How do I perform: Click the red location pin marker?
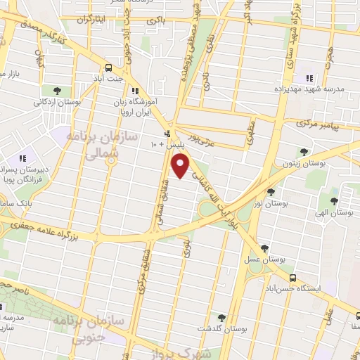tap(181, 166)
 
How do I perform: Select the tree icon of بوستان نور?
tap(271, 191)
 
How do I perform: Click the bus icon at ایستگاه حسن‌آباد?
tap(292, 278)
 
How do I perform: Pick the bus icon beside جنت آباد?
tap(108, 67)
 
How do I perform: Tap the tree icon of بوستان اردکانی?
tap(57, 90)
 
